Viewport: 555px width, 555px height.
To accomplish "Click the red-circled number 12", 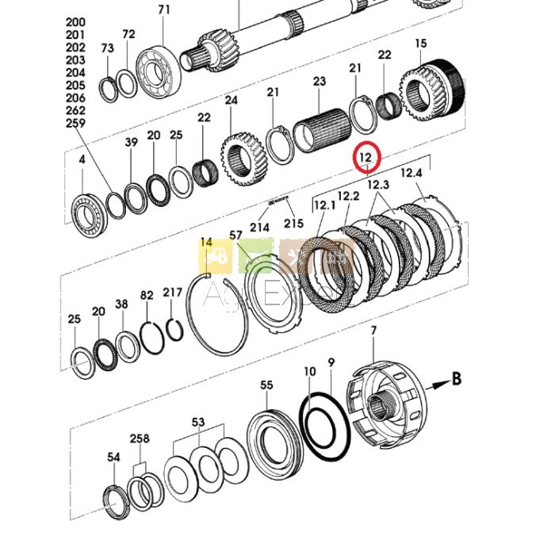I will click(366, 157).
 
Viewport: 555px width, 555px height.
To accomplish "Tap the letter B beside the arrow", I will click(456, 379).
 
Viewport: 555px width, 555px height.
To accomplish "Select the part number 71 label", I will click(164, 10).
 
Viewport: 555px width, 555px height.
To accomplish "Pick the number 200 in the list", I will click(76, 22).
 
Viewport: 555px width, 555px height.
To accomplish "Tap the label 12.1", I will click(325, 205).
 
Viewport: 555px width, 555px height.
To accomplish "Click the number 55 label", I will click(266, 385).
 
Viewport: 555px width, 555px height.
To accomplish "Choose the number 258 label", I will click(140, 438).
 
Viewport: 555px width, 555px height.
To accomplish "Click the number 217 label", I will click(173, 293).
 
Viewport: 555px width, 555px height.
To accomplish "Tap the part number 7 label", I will click(373, 329).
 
